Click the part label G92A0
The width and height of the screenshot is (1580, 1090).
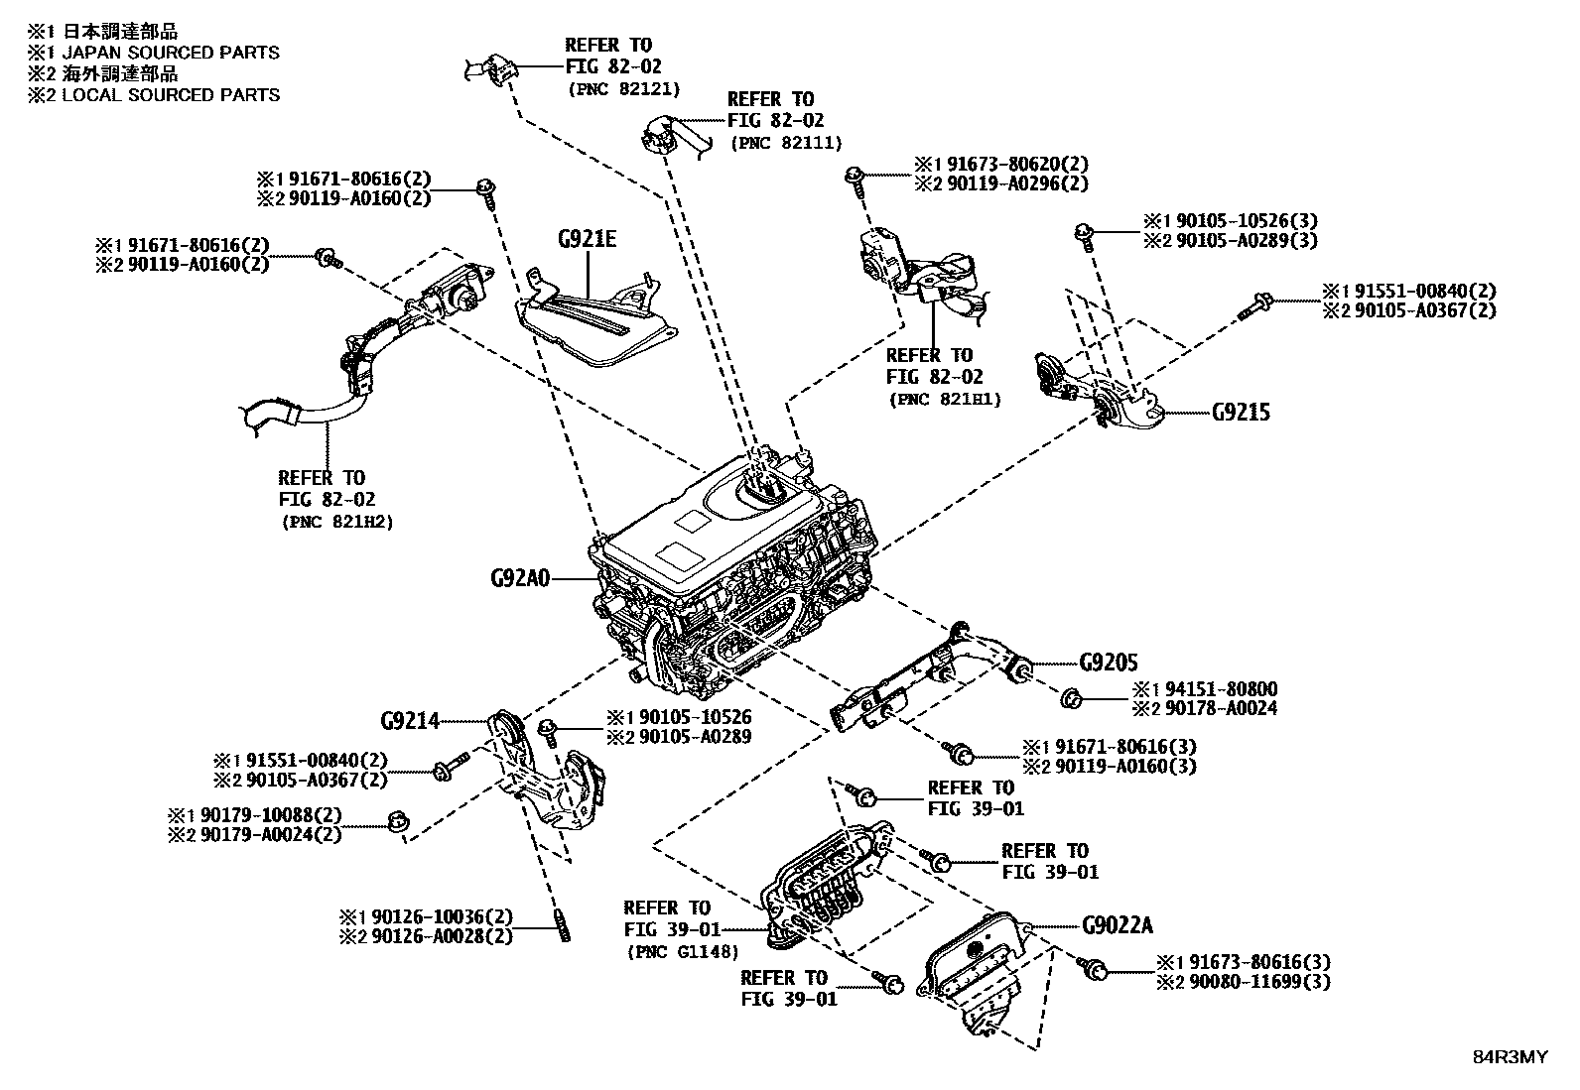520,578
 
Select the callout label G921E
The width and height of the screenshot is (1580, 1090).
587,240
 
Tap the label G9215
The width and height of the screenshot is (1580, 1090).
1240,412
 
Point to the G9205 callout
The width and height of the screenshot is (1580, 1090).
1108,663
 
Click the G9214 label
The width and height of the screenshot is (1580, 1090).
409,721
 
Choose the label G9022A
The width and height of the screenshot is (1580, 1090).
1118,925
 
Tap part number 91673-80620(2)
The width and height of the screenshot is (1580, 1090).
1012,164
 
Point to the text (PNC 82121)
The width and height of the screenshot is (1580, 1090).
623,89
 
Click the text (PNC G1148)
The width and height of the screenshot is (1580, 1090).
683,952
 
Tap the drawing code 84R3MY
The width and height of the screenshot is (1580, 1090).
1509,1057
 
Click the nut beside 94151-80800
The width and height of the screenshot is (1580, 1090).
1071,698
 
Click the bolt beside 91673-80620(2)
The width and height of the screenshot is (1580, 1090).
855,179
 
